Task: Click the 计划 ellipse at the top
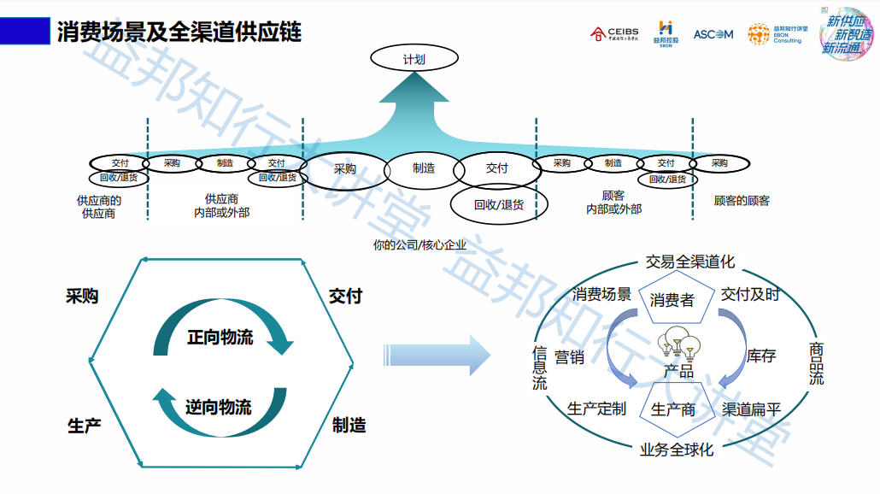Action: tap(414, 59)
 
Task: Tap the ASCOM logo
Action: tap(713, 34)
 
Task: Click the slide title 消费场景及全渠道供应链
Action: tap(179, 32)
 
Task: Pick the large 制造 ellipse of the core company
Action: tap(424, 168)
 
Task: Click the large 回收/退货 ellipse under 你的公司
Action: tap(498, 205)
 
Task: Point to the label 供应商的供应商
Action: tap(98, 207)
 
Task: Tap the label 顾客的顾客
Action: tap(742, 201)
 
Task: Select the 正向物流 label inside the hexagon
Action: tap(220, 337)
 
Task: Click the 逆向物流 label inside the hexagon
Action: tap(219, 407)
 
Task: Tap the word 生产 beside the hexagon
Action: tap(85, 425)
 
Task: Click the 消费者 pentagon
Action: tap(672, 300)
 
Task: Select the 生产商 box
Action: tap(673, 409)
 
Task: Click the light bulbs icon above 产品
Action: tap(678, 343)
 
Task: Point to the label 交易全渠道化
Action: tap(689, 262)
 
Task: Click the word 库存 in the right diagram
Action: tap(760, 356)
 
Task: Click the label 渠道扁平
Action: tap(752, 409)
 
